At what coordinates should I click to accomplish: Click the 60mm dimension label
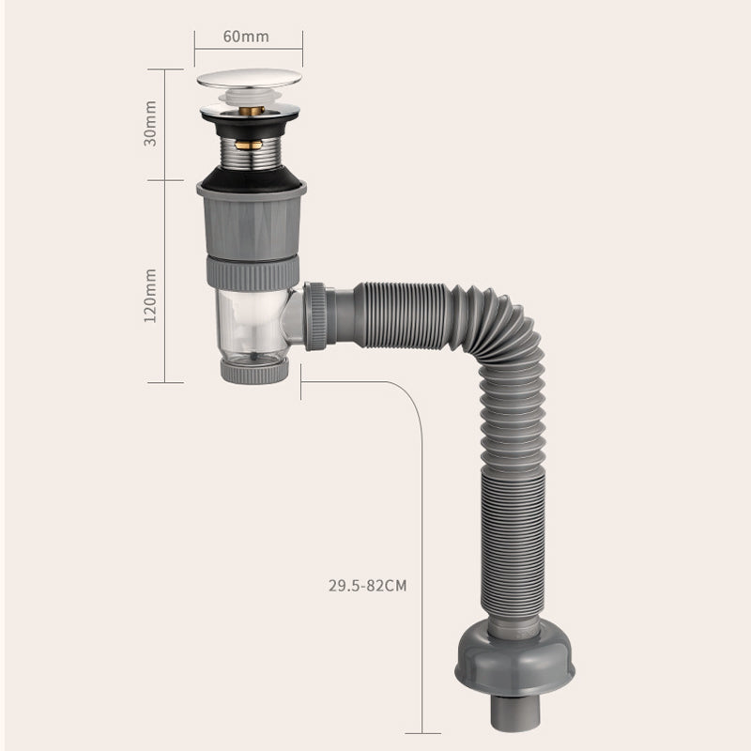coord(246,37)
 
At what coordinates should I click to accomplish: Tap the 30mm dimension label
coord(150,124)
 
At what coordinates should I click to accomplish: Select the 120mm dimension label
coord(150,296)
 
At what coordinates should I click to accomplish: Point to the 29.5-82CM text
coord(367,585)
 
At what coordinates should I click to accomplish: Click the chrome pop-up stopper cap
coord(249,79)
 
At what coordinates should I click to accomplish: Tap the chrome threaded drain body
coord(250,153)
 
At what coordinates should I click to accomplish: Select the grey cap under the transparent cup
coord(254,371)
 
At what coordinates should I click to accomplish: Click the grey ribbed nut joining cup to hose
coord(315,316)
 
